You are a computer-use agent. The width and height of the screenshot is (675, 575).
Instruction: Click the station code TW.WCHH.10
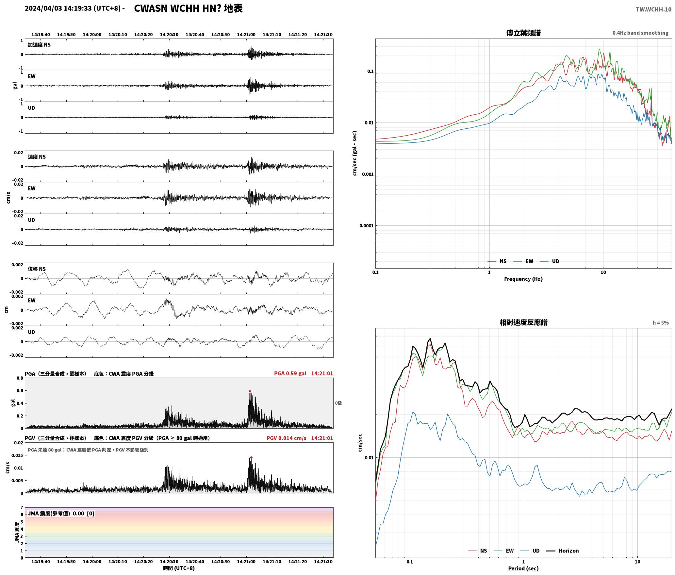(653, 9)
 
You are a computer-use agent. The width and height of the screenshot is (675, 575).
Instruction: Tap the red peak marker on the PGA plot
(250, 391)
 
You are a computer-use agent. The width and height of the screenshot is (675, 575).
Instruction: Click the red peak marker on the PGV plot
(251, 457)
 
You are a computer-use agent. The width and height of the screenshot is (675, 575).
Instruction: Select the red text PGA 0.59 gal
(290, 373)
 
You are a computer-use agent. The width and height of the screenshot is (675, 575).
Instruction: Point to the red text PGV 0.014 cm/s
(286, 438)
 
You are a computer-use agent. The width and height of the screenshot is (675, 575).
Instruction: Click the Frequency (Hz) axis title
(523, 279)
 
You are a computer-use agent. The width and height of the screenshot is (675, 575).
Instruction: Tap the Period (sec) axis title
(523, 568)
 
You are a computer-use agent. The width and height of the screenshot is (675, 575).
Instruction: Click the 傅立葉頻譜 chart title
(523, 33)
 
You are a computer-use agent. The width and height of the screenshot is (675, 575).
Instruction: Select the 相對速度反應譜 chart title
(523, 322)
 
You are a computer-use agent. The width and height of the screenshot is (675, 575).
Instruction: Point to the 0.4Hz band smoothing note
(640, 33)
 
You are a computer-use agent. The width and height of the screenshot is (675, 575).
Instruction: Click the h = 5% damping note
(661, 322)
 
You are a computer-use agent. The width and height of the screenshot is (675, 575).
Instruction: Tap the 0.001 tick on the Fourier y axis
(368, 174)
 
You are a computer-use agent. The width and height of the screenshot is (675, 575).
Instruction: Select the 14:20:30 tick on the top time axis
(169, 34)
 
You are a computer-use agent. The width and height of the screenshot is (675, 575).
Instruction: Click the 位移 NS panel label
(37, 269)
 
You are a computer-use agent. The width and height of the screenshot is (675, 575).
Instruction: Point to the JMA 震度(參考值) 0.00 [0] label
(61, 513)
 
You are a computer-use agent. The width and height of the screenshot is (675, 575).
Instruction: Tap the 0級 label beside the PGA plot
(338, 403)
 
